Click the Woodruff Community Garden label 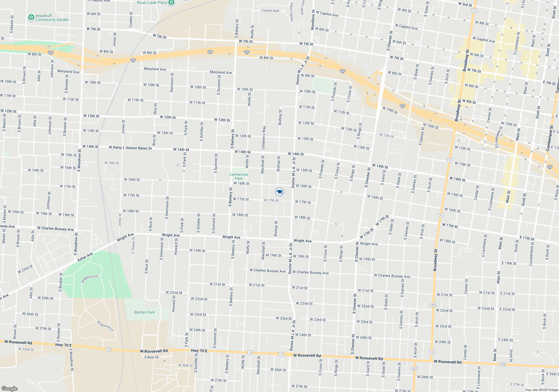[52, 18]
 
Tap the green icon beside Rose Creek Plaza [172, 3]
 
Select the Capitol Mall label [270, 11]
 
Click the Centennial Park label [239, 176]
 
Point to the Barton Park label [145, 312]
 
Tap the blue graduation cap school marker [279, 192]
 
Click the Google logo [10, 388]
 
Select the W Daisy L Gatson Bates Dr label [131, 148]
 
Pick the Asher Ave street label [85, 257]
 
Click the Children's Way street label [264, 138]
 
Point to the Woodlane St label [313, 20]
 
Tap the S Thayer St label [133, 246]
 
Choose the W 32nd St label [26, 349]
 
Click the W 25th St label [46, 298]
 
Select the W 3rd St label [465, 4]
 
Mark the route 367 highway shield [414, 368]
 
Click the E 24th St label [506, 340]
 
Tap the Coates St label [131, 20]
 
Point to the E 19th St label [509, 263]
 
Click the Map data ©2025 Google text [541, 390]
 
